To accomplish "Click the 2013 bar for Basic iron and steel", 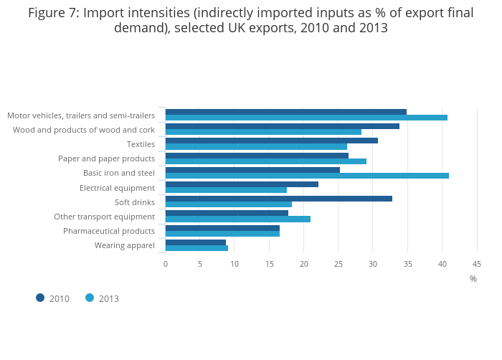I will (307, 176).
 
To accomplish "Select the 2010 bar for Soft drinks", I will (279, 199).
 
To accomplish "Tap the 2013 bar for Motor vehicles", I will (306, 118).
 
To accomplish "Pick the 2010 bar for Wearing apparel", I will (196, 242).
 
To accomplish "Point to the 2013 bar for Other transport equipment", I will (238, 219).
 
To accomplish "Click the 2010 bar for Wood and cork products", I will (283, 126).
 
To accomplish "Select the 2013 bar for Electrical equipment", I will (226, 190).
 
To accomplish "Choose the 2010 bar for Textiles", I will (272, 141).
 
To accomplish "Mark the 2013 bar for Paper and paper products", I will (266, 161).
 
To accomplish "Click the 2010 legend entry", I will (53, 298).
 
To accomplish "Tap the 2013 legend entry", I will (103, 298).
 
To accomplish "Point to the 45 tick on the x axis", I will (477, 264).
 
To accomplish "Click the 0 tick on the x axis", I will (166, 264).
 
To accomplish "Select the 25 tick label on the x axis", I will (338, 264).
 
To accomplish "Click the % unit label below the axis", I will (473, 279).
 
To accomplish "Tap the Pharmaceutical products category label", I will (109, 231).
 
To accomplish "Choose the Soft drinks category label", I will (135, 202).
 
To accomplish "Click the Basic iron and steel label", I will (119, 173).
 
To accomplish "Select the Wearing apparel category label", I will (125, 245).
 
